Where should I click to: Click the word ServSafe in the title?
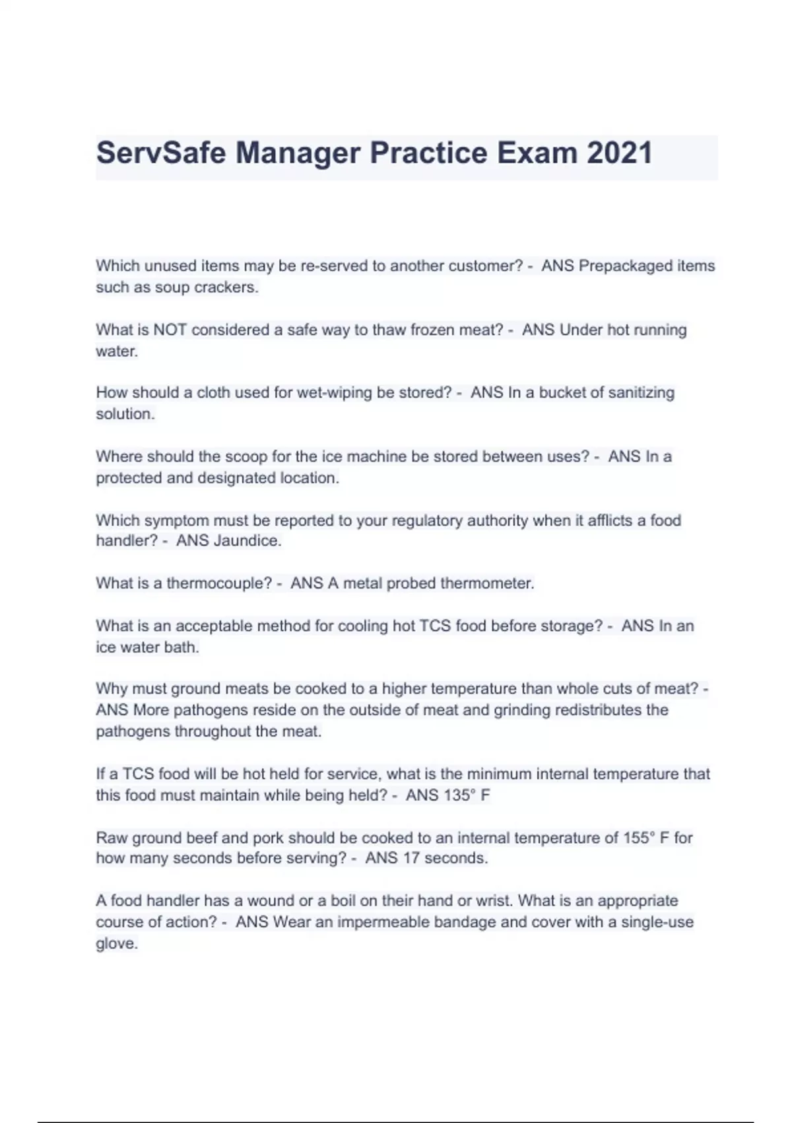[161, 153]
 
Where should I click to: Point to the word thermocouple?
[218, 583]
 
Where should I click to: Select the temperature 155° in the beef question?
[639, 838]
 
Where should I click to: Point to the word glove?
[117, 943]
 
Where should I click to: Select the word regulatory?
[427, 521]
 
